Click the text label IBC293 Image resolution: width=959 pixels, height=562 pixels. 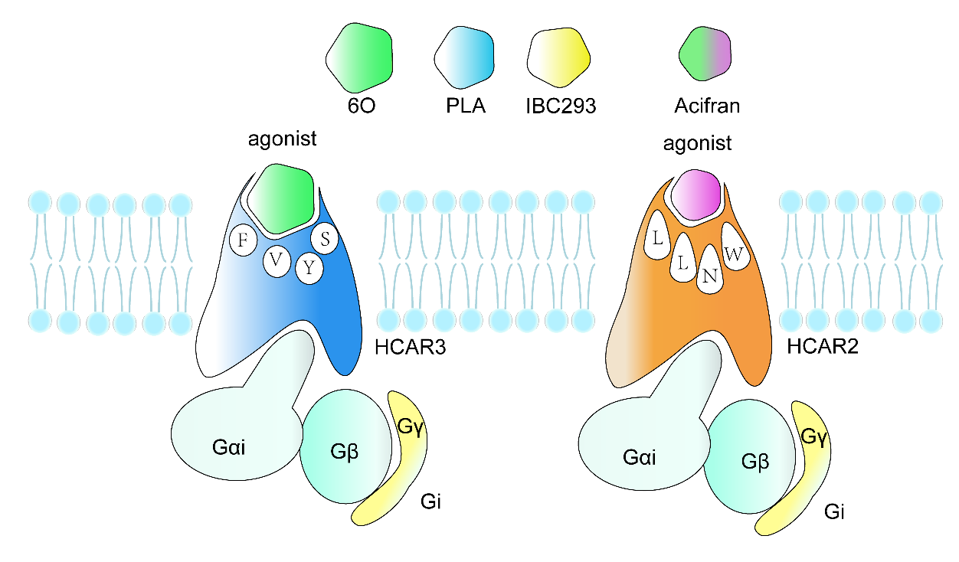(562, 106)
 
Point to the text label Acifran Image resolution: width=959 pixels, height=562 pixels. (707, 106)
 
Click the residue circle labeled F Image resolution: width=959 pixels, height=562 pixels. (244, 240)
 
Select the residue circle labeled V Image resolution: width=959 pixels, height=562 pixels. (277, 261)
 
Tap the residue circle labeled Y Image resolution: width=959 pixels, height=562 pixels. (309, 269)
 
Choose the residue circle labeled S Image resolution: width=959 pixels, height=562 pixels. (325, 239)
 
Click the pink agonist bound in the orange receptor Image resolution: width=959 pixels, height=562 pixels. (696, 195)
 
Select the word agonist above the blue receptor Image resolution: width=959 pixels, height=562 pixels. (283, 139)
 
